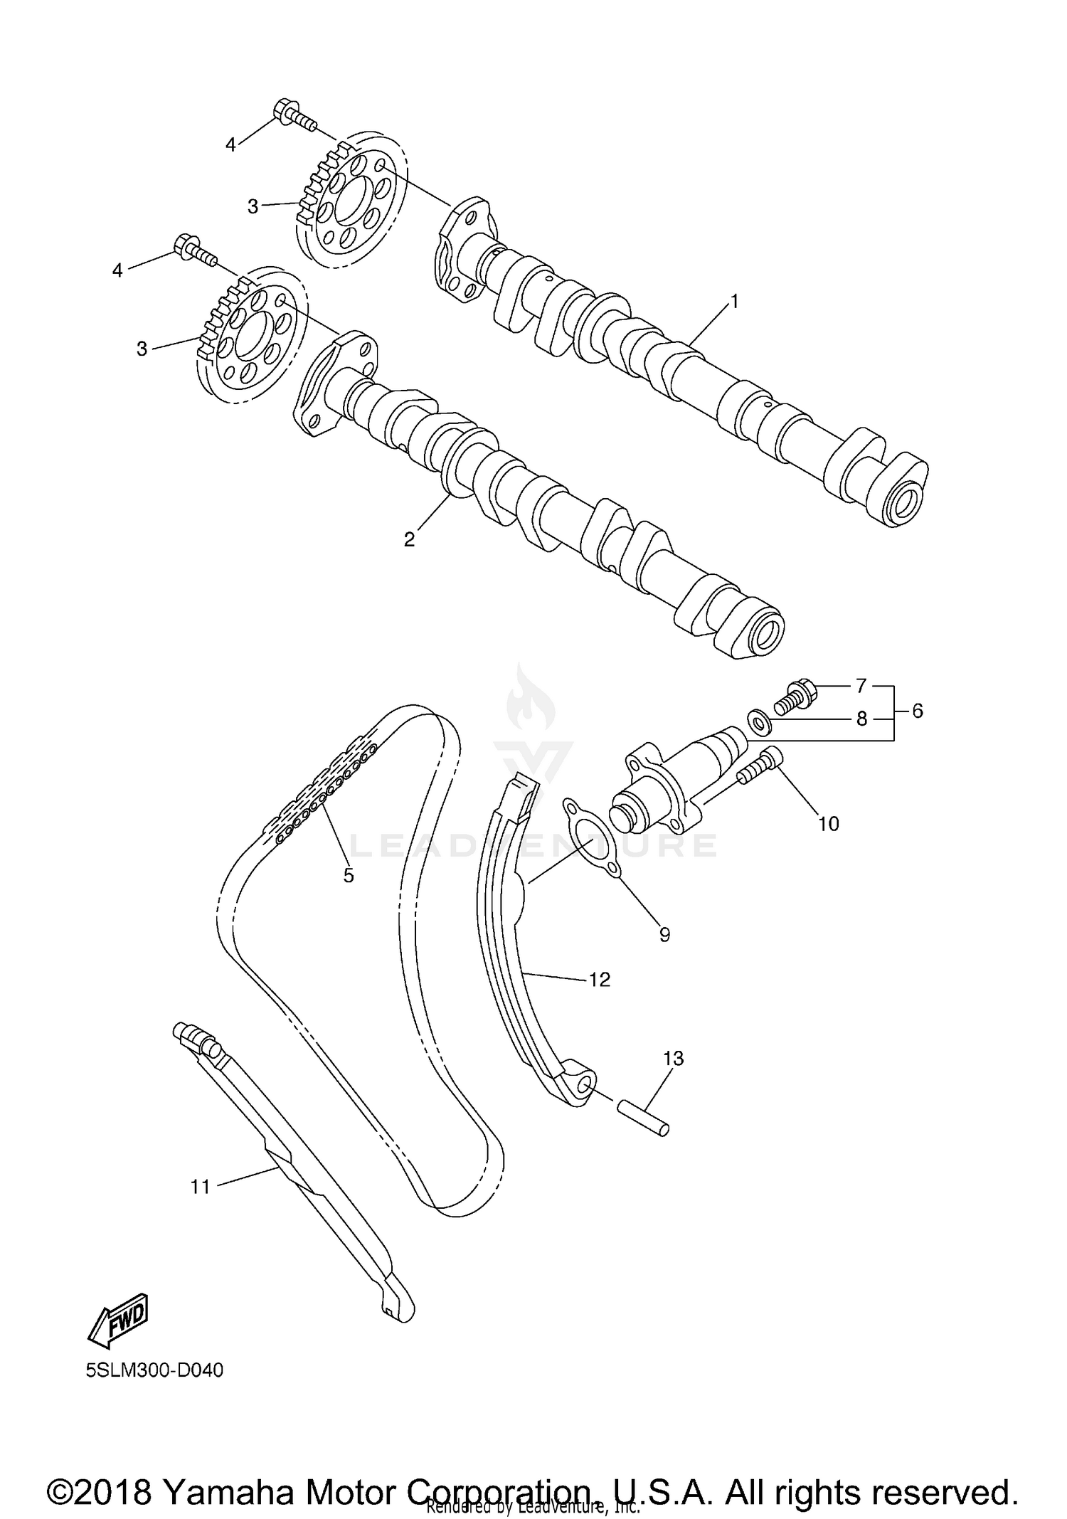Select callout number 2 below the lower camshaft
pos(409,539)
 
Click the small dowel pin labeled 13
pos(643,1118)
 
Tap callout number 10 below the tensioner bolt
pos(829,824)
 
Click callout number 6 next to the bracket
pos(918,710)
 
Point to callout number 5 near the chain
pos(349,875)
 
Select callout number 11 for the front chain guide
pos(201,1187)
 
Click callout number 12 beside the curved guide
pos(600,980)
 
